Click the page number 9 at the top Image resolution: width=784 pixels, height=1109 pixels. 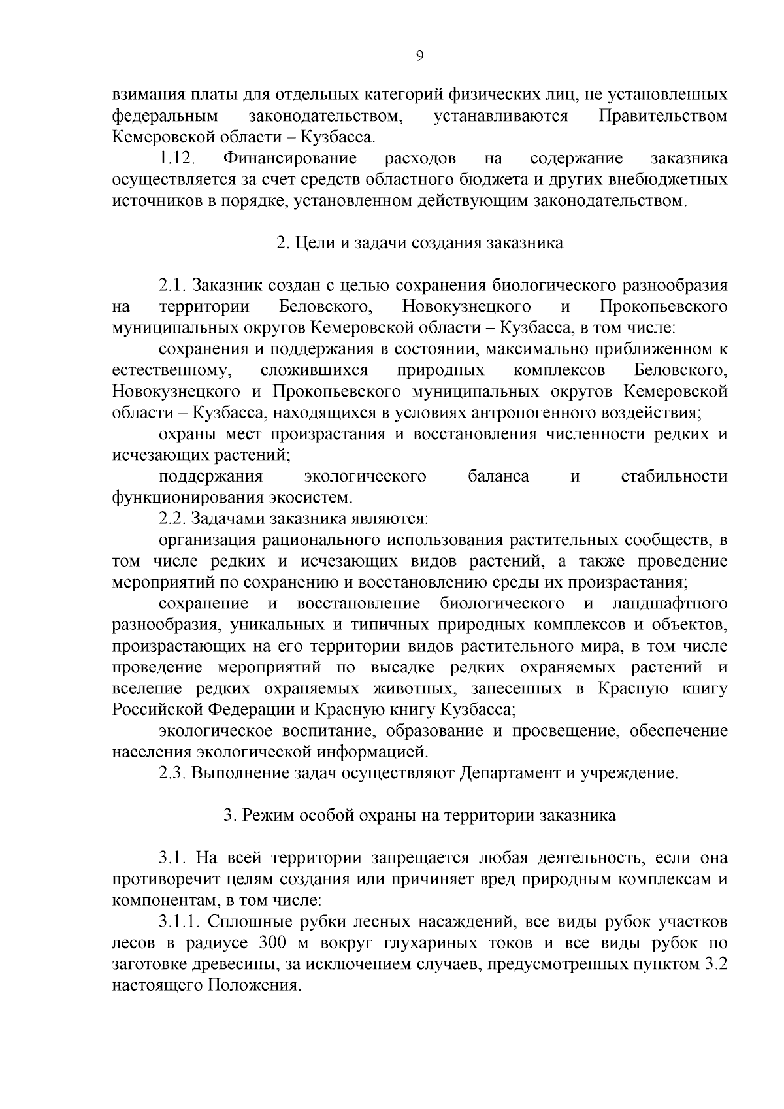(419, 56)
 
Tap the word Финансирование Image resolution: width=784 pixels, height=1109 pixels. (289, 159)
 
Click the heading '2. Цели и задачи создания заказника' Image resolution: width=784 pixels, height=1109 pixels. (419, 243)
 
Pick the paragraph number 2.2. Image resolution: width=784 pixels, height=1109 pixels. (172, 519)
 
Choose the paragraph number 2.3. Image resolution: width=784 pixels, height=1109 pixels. (172, 774)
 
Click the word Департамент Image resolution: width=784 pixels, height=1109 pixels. (502, 774)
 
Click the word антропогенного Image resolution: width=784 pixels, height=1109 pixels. (542, 413)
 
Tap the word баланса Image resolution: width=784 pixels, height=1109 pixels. (498, 476)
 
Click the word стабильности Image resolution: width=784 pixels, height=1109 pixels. (674, 476)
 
